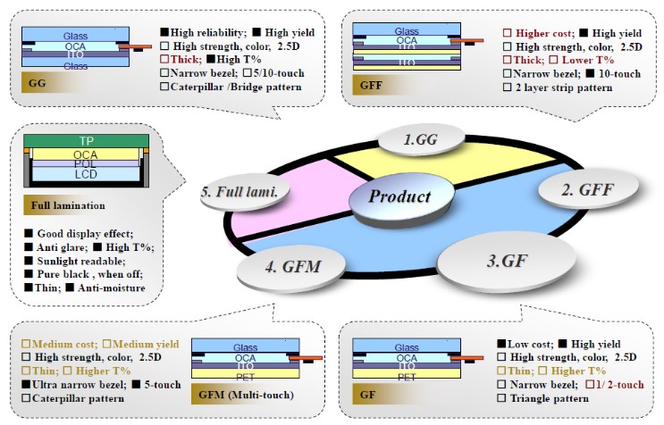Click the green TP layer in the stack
tap(87, 140)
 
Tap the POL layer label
tap(87, 165)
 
